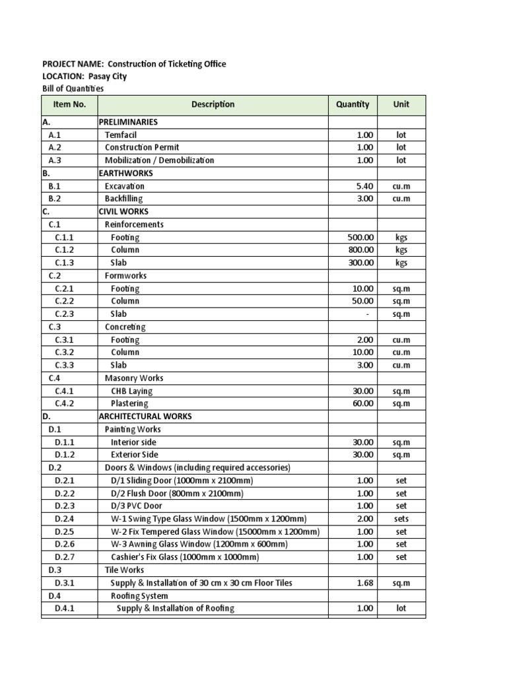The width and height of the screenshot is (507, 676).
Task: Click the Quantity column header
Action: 353,104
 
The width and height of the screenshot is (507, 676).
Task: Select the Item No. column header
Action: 69,104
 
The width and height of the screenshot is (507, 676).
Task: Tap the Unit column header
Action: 401,104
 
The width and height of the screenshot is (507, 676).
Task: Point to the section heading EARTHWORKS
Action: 125,173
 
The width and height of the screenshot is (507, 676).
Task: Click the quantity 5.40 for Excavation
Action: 364,186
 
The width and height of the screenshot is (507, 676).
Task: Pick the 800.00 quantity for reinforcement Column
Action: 361,250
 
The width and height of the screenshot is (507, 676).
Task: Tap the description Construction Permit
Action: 142,147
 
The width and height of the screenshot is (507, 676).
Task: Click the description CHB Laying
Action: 131,391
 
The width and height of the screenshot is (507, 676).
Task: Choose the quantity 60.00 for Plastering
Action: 363,404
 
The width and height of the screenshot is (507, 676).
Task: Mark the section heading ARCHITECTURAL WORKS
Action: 145,417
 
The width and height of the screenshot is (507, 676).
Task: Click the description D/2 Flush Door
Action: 177,493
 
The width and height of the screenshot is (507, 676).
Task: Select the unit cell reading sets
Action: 401,519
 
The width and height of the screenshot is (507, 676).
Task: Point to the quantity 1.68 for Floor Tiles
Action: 364,583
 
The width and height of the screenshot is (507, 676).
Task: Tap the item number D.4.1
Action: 65,609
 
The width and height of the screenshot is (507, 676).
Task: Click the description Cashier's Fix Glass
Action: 185,557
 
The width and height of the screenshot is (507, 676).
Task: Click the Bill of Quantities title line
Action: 73,88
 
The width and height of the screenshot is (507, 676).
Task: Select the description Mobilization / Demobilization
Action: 159,160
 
